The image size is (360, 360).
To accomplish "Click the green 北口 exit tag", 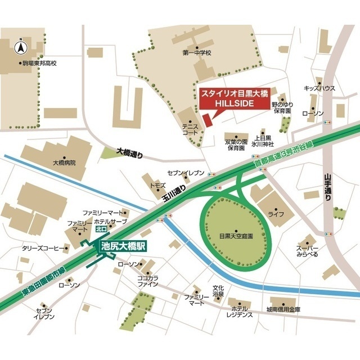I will coord(102,229).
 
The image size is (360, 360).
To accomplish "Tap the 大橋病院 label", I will coord(64,163).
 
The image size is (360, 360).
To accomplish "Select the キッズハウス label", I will coord(319,88).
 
